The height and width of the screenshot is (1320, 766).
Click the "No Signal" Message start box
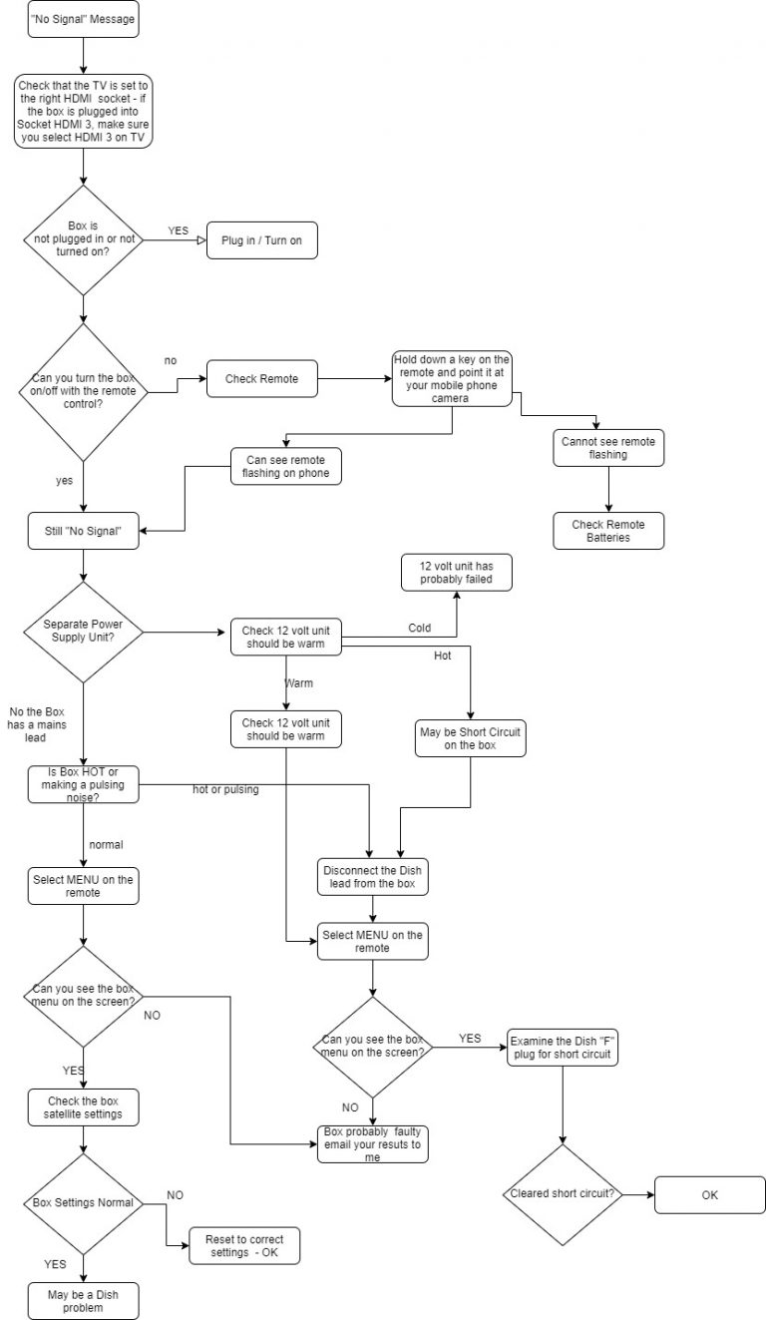click(x=83, y=19)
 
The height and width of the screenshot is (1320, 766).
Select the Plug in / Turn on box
click(x=261, y=240)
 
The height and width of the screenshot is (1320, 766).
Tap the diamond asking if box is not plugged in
click(x=83, y=239)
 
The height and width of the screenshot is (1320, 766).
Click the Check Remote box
click(x=261, y=378)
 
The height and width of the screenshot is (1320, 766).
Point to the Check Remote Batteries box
click(x=608, y=531)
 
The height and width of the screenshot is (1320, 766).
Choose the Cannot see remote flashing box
click(x=608, y=447)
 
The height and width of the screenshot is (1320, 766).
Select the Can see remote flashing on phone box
click(x=286, y=467)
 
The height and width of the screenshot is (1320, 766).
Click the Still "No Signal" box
click(x=83, y=531)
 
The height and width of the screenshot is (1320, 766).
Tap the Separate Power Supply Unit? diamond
click(x=83, y=632)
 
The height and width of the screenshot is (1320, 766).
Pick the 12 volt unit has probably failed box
click(x=458, y=572)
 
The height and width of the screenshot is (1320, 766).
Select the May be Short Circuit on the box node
click(x=470, y=739)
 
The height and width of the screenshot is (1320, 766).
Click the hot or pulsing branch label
click(x=226, y=789)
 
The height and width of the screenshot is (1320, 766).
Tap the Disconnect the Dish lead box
click(x=374, y=877)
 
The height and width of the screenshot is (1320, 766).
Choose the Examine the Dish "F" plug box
click(x=563, y=1047)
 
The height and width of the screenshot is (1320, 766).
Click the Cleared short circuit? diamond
click(x=563, y=1193)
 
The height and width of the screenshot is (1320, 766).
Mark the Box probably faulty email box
click(x=374, y=1143)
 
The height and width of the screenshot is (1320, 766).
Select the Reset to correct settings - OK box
click(x=243, y=1245)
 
